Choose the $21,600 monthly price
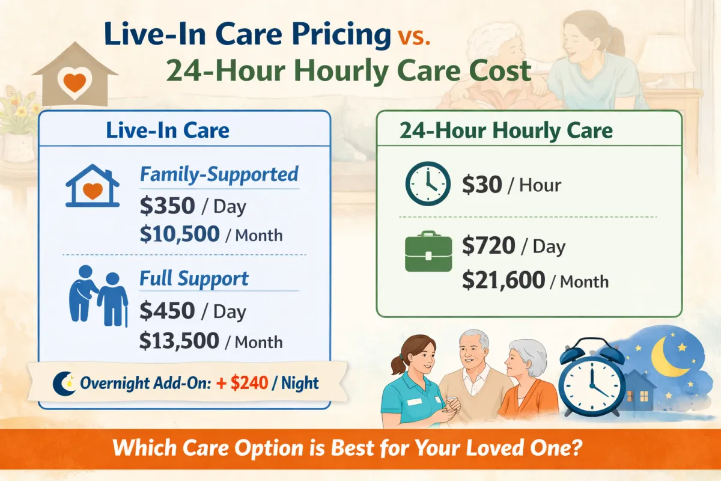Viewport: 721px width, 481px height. [503, 280]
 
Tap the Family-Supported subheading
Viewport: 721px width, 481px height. [219, 174]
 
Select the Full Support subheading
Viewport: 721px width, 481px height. [193, 279]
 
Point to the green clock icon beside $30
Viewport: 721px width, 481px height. [428, 184]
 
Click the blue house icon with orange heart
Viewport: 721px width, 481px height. [91, 186]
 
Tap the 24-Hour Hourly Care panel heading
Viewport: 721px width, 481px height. [505, 130]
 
